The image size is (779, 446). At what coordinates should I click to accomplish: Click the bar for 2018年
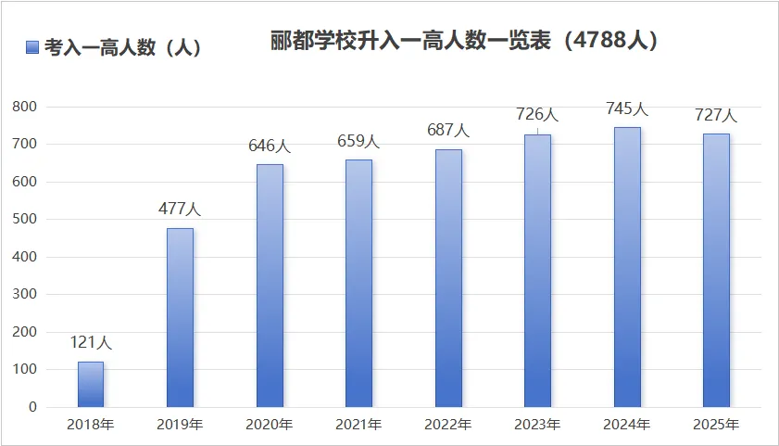pyautogui.click(x=91, y=384)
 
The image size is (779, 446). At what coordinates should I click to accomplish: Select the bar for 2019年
pyautogui.click(x=180, y=317)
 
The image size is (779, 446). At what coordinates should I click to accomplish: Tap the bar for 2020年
pyautogui.click(x=270, y=286)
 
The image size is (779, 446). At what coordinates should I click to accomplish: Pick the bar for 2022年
pyautogui.click(x=448, y=278)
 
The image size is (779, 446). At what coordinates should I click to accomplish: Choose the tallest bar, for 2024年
pyautogui.click(x=627, y=267)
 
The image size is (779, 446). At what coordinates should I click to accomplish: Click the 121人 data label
pyautogui.click(x=91, y=343)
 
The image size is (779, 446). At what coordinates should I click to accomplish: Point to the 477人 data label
pyautogui.click(x=180, y=210)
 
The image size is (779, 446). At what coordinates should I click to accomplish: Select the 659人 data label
pyautogui.click(x=358, y=142)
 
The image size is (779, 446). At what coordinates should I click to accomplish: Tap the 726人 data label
pyautogui.click(x=537, y=115)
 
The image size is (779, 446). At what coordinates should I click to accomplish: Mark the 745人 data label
pyautogui.click(x=627, y=108)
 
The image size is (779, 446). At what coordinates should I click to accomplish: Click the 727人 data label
pyautogui.click(x=716, y=116)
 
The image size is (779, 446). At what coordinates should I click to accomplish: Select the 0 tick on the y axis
pyautogui.click(x=32, y=407)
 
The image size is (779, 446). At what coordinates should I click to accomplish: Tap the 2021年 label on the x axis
pyautogui.click(x=358, y=426)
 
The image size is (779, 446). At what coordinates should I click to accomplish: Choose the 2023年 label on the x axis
pyautogui.click(x=537, y=426)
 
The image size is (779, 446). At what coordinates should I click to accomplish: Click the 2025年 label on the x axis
pyautogui.click(x=716, y=426)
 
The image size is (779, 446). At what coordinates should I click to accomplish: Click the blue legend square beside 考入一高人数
pyautogui.click(x=32, y=47)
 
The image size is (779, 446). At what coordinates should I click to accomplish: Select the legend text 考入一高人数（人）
pyautogui.click(x=123, y=47)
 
